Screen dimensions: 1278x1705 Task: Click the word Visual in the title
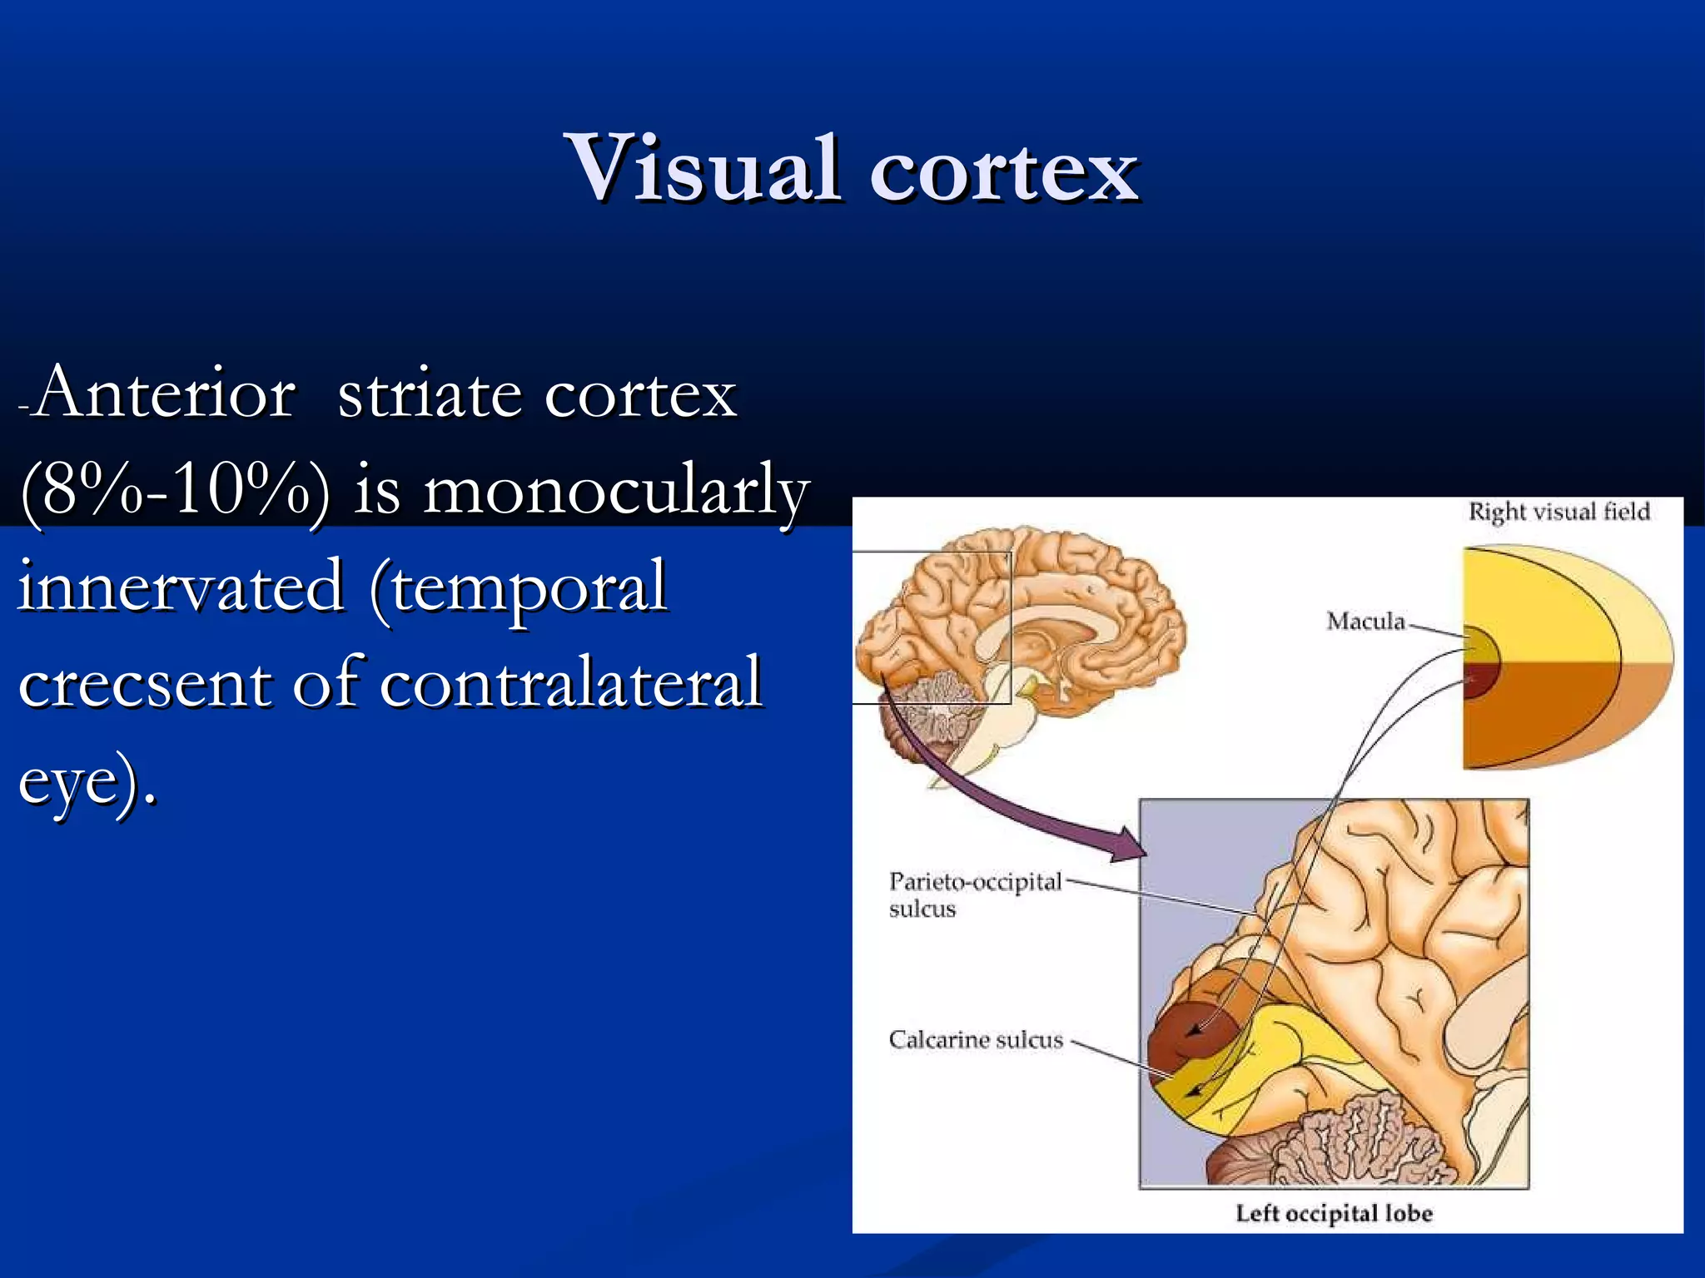tap(702, 168)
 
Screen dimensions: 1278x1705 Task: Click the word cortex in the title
tap(1004, 170)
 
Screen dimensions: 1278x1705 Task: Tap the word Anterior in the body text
tap(165, 393)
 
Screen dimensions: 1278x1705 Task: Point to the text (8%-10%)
tap(175, 491)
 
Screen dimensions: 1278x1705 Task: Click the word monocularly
tap(616, 493)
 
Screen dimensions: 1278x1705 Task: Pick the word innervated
tap(181, 587)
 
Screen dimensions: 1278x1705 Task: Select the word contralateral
tap(571, 684)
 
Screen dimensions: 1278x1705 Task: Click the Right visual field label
tap(1558, 511)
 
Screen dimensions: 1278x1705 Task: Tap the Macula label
tap(1365, 621)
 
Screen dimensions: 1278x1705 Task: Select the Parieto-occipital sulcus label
tap(975, 894)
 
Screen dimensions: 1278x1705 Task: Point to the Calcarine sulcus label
tap(976, 1039)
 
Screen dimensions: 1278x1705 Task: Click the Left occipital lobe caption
tap(1334, 1213)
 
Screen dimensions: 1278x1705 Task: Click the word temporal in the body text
tap(520, 587)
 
